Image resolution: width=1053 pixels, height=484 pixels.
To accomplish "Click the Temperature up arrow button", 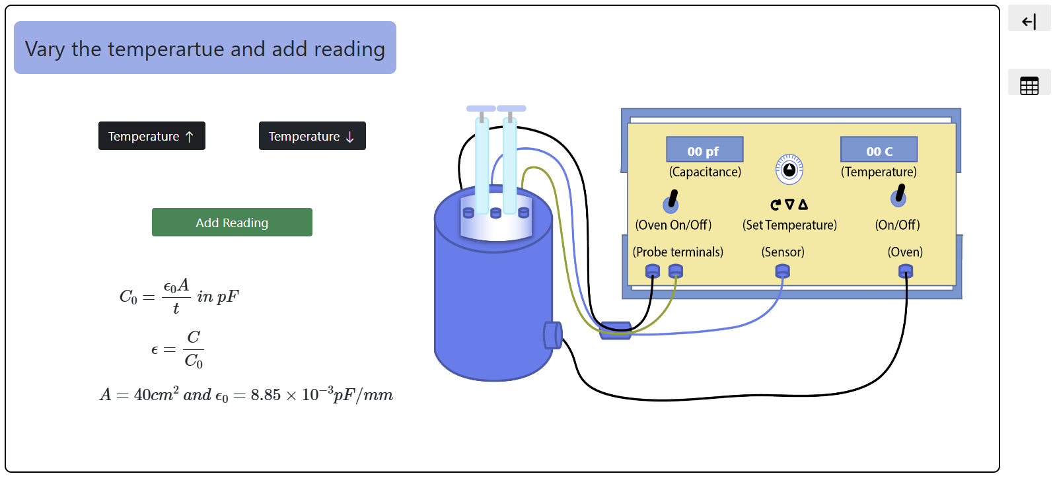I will [x=151, y=136].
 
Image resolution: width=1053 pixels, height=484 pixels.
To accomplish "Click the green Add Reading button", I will [x=232, y=223].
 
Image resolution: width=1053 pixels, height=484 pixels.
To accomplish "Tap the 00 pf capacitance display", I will [x=704, y=150].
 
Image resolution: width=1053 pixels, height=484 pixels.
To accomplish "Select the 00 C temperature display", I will [x=879, y=150].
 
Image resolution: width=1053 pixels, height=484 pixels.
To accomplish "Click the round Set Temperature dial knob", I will [x=789, y=170].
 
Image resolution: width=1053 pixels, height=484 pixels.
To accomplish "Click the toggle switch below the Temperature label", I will [x=898, y=195].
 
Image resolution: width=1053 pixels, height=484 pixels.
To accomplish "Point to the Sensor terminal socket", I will [x=782, y=271].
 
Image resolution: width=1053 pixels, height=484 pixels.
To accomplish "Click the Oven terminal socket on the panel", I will [x=906, y=271].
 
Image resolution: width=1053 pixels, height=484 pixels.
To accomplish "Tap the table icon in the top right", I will [x=1029, y=85].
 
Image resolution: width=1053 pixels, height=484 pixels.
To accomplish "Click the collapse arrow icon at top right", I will [x=1029, y=22].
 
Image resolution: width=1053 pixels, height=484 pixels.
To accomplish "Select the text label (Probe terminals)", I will [x=678, y=252].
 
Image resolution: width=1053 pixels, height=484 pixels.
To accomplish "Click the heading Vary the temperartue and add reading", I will [x=205, y=48].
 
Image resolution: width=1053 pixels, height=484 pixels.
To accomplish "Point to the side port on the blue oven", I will [x=552, y=335].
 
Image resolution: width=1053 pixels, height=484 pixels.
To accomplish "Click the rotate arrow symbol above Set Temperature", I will [x=776, y=205].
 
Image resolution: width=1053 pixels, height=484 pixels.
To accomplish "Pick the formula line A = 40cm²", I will [x=246, y=395].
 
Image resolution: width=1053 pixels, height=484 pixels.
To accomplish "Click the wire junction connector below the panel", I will [x=615, y=330].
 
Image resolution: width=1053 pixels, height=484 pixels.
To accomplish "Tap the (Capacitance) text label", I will [x=705, y=172].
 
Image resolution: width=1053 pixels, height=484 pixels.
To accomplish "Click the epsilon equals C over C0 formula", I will [x=177, y=349].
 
